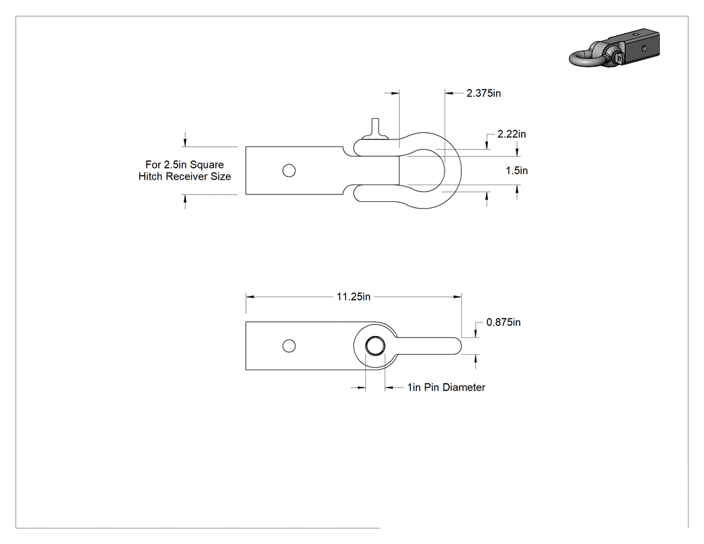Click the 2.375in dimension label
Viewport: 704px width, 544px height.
click(x=483, y=93)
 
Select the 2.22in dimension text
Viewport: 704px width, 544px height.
click(x=512, y=134)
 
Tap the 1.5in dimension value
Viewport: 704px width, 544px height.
click(x=517, y=170)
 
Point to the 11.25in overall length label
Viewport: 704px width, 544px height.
click(x=353, y=297)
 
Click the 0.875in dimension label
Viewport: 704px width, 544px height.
click(x=504, y=323)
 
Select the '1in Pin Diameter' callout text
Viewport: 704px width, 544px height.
click(x=447, y=387)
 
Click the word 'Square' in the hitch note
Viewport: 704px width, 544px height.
click(x=207, y=165)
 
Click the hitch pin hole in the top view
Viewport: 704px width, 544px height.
click(x=289, y=170)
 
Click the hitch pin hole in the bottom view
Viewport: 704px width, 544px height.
click(x=289, y=346)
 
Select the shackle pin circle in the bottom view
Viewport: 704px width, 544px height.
click(x=375, y=346)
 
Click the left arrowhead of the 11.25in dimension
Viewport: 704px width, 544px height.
click(x=250, y=297)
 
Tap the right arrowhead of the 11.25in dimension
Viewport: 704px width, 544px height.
click(x=457, y=297)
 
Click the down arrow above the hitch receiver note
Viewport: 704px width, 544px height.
click(x=185, y=142)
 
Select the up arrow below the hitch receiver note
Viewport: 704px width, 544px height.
click(x=185, y=199)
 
